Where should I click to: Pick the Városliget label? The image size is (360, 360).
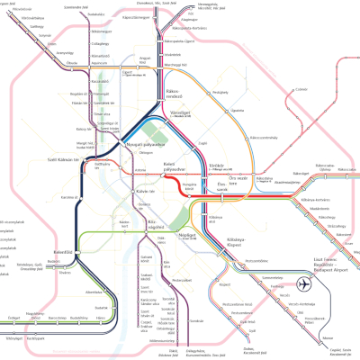[x=182, y=113]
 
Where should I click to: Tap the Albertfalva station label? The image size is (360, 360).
[x=94, y=292]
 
